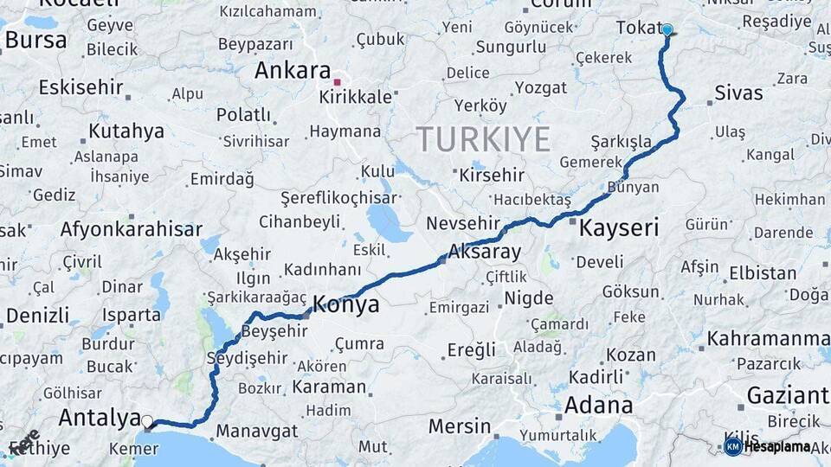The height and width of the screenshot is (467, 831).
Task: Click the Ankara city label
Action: coord(293,71)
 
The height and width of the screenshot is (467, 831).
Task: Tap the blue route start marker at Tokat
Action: coord(667,29)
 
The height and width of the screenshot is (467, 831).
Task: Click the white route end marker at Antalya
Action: coord(147,421)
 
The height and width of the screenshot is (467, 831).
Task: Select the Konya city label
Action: coord(345,304)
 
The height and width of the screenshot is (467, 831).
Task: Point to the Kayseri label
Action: coord(618,228)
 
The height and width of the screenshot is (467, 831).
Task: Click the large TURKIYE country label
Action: coord(483,139)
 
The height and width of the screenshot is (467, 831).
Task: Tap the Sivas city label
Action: coord(738,93)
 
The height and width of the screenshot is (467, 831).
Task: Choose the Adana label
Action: coord(598,405)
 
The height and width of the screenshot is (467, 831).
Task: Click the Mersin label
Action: coord(460,427)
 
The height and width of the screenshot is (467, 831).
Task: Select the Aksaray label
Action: coord(485,253)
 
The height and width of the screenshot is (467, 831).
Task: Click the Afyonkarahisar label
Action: coord(131,229)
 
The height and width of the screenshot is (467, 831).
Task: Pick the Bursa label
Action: coord(35,40)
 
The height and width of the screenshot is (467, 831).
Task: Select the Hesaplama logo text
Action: coord(776,446)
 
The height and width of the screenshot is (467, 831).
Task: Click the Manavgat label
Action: coord(256,431)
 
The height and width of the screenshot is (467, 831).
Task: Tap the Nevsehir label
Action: coord(463,223)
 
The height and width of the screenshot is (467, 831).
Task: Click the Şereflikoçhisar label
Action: coord(338,197)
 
